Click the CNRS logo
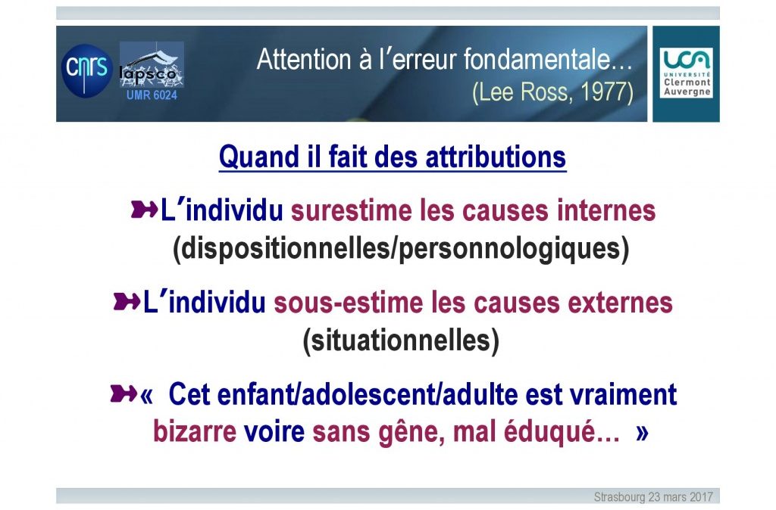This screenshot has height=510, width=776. pyautogui.click(x=86, y=70)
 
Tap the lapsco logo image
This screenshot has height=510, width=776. pyautogui.click(x=152, y=65)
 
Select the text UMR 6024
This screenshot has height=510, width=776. pyautogui.click(x=152, y=95)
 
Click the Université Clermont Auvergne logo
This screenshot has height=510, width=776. pyautogui.click(x=686, y=73)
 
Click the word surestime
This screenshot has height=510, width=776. pyautogui.click(x=351, y=210)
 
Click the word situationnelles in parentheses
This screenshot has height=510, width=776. pyautogui.click(x=401, y=341)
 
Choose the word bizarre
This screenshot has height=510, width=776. pyautogui.click(x=195, y=431)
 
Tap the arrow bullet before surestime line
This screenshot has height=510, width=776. pyautogui.click(x=144, y=210)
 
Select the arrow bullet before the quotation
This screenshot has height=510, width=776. pyautogui.click(x=124, y=393)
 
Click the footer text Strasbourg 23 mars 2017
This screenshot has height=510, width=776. pyautogui.click(x=653, y=496)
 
